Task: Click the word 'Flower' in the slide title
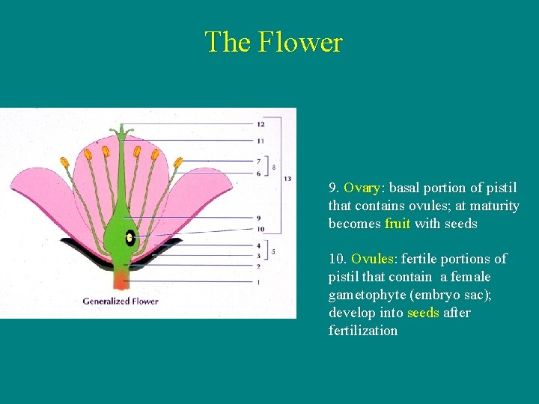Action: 300,42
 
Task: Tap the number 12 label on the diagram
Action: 260,123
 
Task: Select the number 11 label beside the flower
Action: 260,140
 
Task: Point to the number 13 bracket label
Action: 287,178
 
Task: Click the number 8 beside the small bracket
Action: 274,167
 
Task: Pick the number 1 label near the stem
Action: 258,282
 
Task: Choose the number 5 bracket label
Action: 273,252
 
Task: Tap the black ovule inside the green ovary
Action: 130,238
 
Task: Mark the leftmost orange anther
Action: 65,162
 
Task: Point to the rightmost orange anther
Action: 178,162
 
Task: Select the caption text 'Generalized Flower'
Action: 121,302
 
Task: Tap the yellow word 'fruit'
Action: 398,224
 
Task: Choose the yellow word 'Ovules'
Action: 373,259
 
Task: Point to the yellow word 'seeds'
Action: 423,313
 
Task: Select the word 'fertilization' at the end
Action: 363,331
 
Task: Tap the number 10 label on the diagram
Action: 260,228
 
